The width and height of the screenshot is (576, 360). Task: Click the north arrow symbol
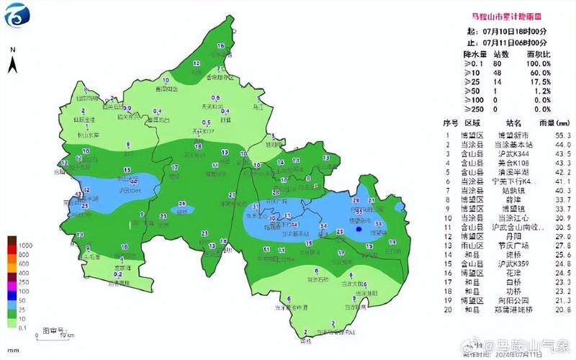(x=13, y=63)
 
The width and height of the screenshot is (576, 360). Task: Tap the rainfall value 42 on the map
(x=87, y=190)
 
